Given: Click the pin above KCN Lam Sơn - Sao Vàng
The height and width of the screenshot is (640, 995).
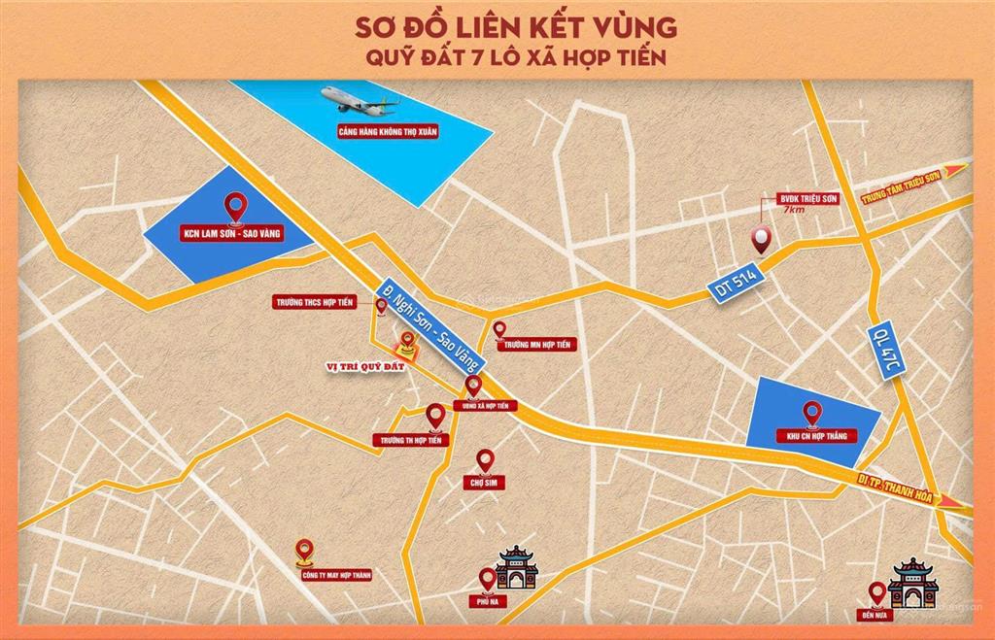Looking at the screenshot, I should pos(233,207).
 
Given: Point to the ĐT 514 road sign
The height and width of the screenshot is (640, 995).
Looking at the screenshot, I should pos(736,285).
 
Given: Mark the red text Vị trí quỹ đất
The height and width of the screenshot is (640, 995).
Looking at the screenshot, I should pos(361,366).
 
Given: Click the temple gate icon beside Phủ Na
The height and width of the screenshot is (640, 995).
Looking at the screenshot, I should pos(517,568).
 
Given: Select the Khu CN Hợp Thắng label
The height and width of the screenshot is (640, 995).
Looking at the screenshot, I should pos(811,436).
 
